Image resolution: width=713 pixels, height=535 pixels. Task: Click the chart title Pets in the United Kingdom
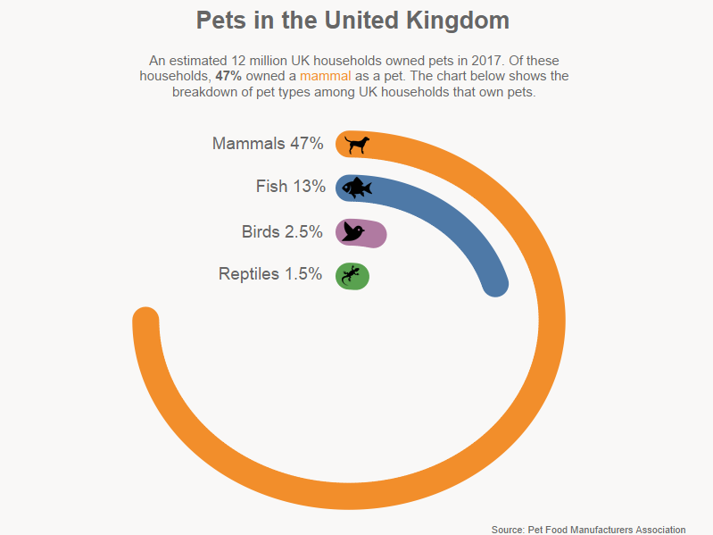(352, 21)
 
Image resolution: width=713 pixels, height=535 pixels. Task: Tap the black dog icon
(357, 144)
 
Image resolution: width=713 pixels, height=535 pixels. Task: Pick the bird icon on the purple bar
(353, 232)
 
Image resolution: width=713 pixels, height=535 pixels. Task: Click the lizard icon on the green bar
(352, 275)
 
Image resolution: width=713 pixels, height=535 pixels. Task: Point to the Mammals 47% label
(268, 144)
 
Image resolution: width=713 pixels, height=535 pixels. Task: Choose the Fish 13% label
(290, 187)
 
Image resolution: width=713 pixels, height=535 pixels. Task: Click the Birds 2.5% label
(282, 232)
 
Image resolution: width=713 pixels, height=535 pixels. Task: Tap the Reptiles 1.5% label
(270, 274)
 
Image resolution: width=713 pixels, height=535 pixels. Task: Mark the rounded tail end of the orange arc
(145, 320)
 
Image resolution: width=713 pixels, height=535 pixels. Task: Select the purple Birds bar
(372, 234)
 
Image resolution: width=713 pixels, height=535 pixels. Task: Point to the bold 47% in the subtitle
(229, 77)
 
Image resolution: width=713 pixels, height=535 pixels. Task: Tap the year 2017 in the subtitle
(474, 61)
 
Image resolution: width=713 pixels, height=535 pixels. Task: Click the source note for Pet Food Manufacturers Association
(588, 530)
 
